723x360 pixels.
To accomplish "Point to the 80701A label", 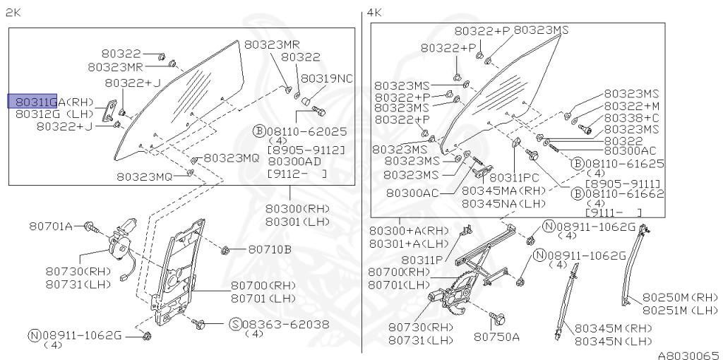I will click(x=51, y=226).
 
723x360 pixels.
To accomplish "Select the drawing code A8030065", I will click(x=688, y=354).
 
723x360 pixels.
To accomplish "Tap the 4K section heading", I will click(x=374, y=13).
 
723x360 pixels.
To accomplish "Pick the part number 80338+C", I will click(x=631, y=117).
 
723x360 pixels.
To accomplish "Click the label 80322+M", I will click(x=631, y=106).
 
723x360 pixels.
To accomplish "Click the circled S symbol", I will click(x=235, y=324).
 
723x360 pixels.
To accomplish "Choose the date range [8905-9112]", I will click(x=306, y=150).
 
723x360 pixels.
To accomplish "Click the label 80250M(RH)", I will click(x=680, y=297).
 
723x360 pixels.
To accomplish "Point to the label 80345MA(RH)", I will click(x=504, y=191).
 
